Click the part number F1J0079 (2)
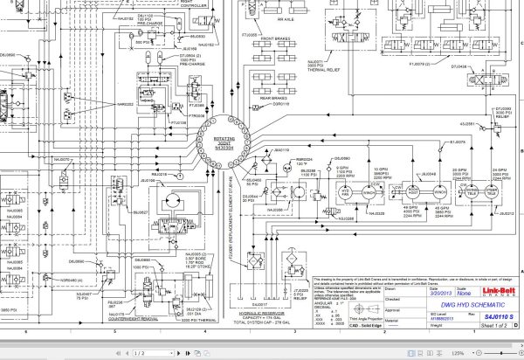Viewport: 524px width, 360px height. tap(422, 64)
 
